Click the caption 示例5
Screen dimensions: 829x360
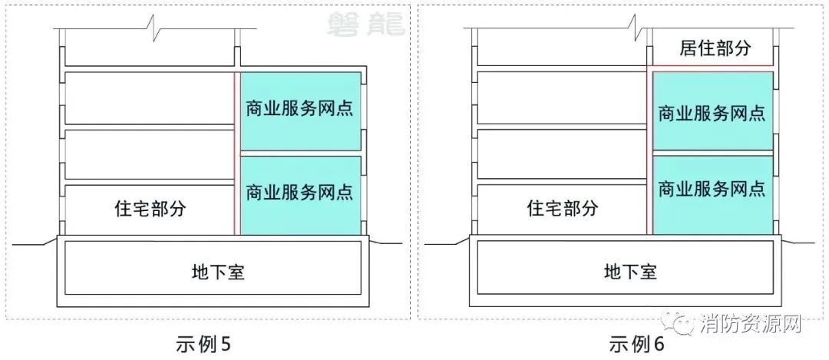tap(203, 345)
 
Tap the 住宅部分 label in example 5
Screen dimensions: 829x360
tap(150, 208)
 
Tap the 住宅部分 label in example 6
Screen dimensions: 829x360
tap(563, 208)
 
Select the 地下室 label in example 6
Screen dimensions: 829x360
tap(630, 272)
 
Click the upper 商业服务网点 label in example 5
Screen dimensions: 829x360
tap(299, 110)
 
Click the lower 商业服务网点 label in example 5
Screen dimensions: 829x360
tap(299, 191)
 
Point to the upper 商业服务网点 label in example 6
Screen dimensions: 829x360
tap(712, 113)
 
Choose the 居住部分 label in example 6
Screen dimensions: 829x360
tap(715, 48)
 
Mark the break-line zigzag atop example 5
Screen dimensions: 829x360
tap(152, 25)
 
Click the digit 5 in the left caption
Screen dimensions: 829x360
tap(226, 345)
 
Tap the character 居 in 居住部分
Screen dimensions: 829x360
tap(688, 48)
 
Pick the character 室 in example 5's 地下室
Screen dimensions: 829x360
tap(236, 272)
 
